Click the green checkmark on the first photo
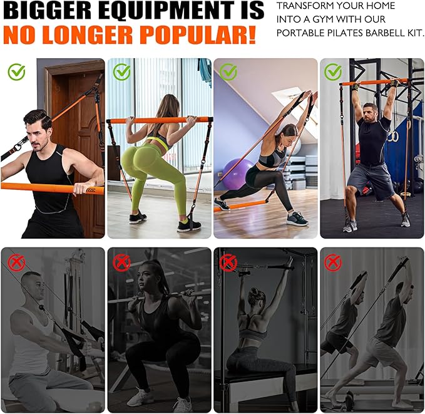tap(17, 72)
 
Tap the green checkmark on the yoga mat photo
tap(228, 72)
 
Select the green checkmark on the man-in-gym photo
tap(333, 72)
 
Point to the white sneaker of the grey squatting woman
tap(141, 396)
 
